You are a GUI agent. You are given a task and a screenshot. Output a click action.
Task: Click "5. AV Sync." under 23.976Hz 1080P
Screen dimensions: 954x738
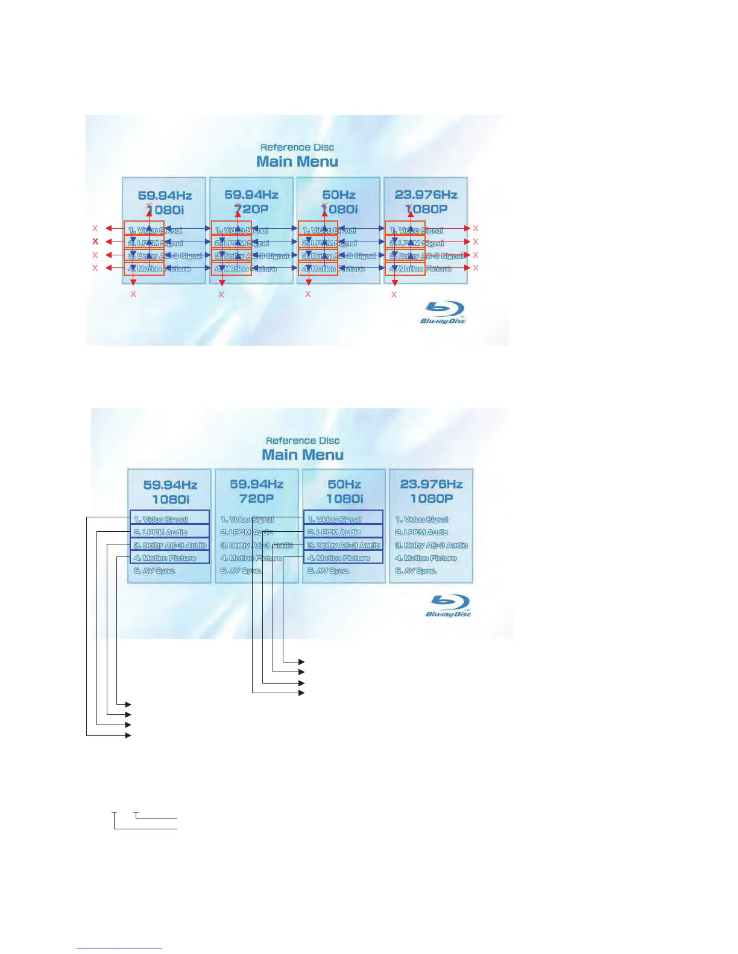pos(416,571)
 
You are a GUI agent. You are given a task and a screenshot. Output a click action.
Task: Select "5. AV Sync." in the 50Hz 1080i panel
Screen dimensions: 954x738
pos(329,571)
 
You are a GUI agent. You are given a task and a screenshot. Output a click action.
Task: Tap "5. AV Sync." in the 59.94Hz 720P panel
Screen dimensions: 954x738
pos(241,571)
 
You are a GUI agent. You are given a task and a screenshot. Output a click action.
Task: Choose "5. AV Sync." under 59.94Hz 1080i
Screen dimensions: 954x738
pos(154,571)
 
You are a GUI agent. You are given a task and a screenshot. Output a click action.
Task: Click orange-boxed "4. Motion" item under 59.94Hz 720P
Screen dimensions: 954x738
pos(232,269)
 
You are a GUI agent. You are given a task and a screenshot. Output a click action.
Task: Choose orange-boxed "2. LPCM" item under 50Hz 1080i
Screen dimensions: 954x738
pos(318,242)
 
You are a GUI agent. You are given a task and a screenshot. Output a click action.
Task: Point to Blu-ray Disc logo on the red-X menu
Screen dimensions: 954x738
pos(443,312)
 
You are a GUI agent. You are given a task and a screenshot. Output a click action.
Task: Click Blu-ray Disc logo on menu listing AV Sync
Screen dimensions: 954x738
pos(449,605)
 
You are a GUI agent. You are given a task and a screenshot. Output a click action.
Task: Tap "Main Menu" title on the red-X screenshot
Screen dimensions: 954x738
pos(297,161)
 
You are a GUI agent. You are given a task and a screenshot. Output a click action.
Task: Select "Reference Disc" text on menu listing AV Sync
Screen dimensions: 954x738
pos(303,441)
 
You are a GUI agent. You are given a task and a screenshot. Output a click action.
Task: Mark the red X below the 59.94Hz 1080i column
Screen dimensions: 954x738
pos(133,295)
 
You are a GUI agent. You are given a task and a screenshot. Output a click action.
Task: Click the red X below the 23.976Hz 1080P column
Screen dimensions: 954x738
pos(394,295)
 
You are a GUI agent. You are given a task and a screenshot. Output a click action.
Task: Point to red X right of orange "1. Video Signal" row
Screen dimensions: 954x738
pos(476,228)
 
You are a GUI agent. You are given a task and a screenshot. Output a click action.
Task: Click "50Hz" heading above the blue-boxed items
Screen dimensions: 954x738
pos(344,484)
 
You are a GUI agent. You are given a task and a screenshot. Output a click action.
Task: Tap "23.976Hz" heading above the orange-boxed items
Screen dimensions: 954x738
pos(426,195)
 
